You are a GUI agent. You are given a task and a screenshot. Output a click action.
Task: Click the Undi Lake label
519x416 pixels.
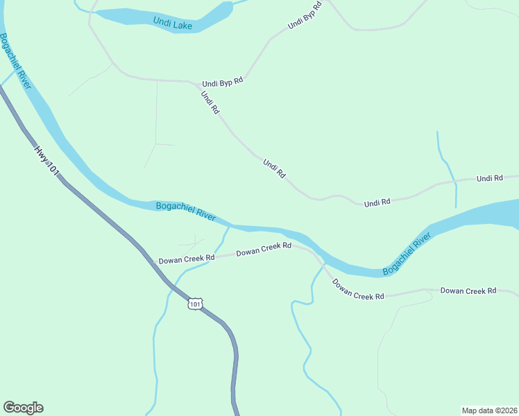[172, 25]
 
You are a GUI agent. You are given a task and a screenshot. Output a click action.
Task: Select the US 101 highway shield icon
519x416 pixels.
[196, 304]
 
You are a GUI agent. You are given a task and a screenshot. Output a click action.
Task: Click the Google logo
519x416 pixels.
[23, 408]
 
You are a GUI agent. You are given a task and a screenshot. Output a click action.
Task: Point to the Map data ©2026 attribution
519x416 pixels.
[489, 410]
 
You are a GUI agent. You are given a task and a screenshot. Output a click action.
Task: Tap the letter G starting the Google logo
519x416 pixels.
[9, 408]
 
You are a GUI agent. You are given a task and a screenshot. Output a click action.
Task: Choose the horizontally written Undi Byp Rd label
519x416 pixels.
[223, 83]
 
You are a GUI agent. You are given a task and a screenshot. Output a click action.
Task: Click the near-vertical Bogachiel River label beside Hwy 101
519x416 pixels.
[15, 61]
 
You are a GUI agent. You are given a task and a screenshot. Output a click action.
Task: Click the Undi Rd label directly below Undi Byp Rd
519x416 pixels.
[210, 103]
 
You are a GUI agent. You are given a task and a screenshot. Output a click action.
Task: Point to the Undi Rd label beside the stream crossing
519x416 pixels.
[490, 179]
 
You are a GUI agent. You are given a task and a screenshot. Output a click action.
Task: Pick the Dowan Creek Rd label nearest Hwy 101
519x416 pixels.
[187, 259]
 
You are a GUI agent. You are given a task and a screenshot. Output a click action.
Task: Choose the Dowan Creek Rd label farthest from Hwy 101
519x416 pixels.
[468, 291]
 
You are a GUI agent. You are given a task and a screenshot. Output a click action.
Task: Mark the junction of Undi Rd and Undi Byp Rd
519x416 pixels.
[192, 82]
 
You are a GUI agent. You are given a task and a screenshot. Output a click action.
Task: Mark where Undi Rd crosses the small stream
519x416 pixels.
[454, 182]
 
